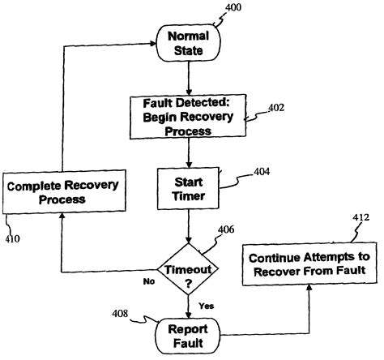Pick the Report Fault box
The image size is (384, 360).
188,335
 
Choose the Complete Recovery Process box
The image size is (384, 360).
62,193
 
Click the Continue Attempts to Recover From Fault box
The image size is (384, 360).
307,264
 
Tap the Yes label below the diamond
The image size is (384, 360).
206,306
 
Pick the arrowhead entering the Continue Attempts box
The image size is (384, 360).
307,290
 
